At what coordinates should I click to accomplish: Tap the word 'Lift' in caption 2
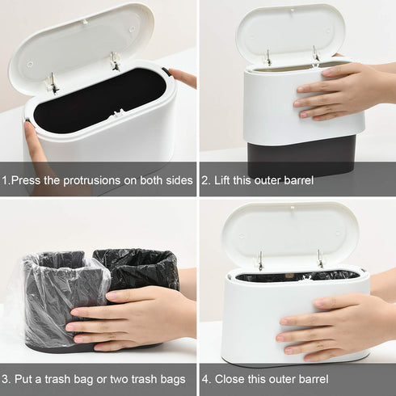[225, 180]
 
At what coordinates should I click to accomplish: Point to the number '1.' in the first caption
[6, 180]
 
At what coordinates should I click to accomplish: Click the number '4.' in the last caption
[206, 379]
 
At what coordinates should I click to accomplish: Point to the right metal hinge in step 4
[319, 259]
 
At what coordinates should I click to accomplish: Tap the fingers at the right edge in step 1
[184, 78]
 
